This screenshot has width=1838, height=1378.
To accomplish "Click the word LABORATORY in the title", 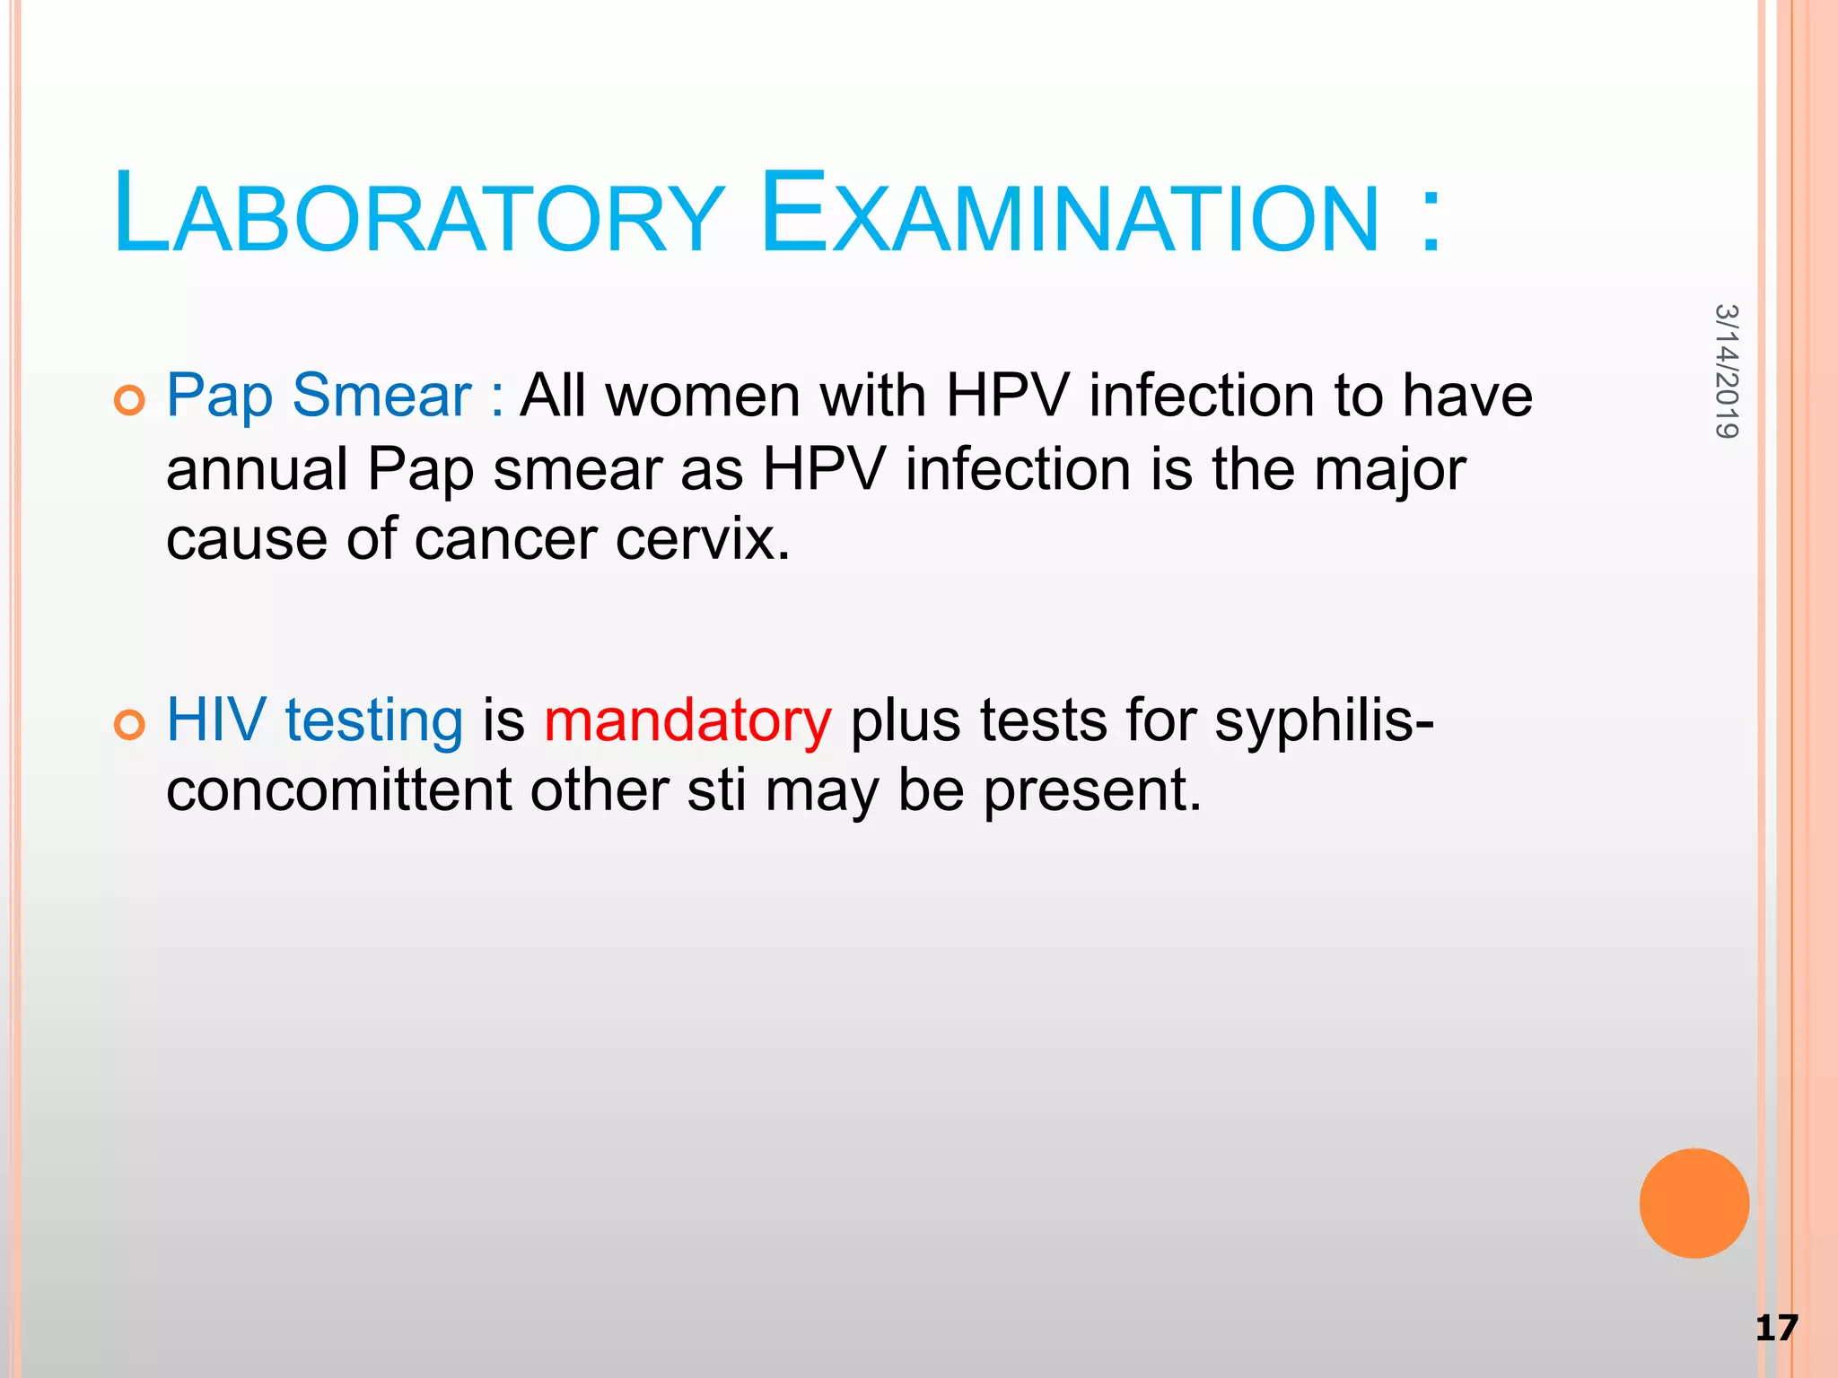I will [x=417, y=215].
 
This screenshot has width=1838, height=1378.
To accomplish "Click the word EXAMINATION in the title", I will [x=1068, y=215].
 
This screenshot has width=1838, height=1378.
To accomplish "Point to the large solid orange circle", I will [x=1694, y=1203].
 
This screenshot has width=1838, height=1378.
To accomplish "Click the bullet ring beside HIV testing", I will [x=130, y=725].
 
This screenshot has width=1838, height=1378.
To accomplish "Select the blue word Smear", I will [x=382, y=396].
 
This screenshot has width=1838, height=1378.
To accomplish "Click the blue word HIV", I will [x=216, y=720].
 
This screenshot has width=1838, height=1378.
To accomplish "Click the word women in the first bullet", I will [x=703, y=396].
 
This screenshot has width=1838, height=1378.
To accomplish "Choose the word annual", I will [x=257, y=469].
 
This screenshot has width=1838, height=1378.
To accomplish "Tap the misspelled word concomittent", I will [x=339, y=790].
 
